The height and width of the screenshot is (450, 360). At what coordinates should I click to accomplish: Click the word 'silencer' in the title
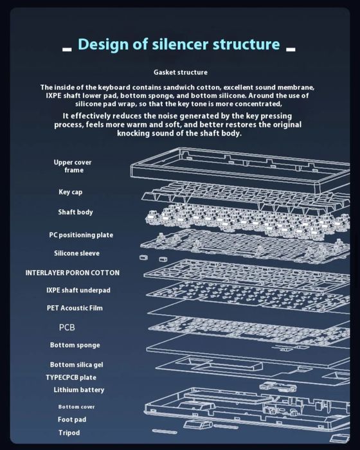click(x=180, y=44)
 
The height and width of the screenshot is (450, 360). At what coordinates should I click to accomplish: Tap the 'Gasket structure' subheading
click(x=180, y=72)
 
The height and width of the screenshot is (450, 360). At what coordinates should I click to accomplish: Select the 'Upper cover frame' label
click(x=73, y=166)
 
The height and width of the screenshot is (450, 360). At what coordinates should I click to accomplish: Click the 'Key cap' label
click(x=70, y=192)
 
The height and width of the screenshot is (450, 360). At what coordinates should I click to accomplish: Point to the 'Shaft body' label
click(x=75, y=212)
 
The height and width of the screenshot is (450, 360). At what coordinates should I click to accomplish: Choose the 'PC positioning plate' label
click(x=81, y=235)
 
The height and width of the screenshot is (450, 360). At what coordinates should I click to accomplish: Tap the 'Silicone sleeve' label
click(x=76, y=253)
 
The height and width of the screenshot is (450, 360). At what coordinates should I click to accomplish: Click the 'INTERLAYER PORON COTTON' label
click(x=73, y=273)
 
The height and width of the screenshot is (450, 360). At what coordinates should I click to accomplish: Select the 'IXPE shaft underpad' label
click(x=78, y=290)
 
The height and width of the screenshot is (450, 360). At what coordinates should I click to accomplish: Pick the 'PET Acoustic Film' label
click(x=75, y=308)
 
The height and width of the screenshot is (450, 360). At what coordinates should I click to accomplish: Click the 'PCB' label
click(x=67, y=327)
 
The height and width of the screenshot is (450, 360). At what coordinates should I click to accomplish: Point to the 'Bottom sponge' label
click(x=75, y=345)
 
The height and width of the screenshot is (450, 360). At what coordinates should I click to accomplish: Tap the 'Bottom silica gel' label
click(x=76, y=364)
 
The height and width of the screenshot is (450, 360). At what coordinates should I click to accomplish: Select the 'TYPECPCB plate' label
click(x=71, y=377)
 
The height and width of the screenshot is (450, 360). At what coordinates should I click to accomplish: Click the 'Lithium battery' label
click(x=78, y=390)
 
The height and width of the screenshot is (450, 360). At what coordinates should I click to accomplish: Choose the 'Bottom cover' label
click(x=76, y=407)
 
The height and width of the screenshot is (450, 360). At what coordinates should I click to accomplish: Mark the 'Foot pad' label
click(x=72, y=420)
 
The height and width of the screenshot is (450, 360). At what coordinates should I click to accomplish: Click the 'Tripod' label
click(x=69, y=433)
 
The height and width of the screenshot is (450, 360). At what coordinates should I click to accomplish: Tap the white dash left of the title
click(x=67, y=50)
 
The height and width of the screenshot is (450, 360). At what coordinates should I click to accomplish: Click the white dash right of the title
click(x=291, y=50)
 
